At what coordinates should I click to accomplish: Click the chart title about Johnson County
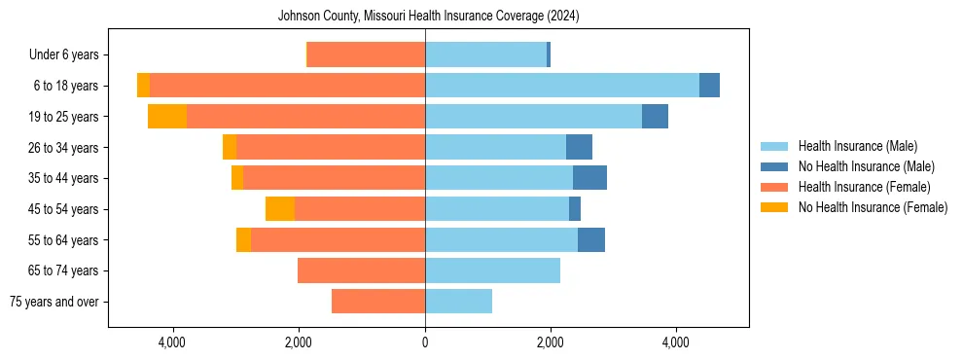[428, 16]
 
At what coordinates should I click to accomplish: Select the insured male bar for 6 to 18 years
[561, 86]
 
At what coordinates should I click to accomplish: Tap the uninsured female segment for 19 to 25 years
[167, 117]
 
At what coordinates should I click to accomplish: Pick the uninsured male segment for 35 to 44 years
[589, 178]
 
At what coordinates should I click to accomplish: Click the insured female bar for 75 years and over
[378, 302]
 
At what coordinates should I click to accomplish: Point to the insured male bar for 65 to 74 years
[492, 270]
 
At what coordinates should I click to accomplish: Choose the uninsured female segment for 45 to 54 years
[280, 209]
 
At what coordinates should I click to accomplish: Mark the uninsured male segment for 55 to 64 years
[591, 240]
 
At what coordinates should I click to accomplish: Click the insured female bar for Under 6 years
[366, 55]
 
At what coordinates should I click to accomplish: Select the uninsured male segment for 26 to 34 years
[579, 147]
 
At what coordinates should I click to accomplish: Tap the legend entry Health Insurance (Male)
[857, 146]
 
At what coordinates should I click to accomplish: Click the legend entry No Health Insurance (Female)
[873, 207]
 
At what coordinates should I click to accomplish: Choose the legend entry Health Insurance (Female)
[864, 187]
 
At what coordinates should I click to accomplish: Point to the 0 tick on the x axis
[425, 342]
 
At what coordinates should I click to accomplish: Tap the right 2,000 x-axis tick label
[551, 342]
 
